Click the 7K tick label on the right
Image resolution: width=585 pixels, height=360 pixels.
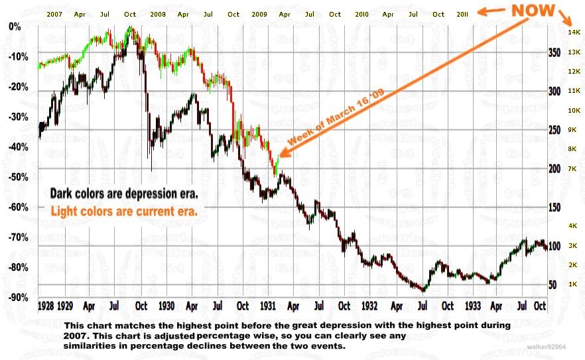(572, 169)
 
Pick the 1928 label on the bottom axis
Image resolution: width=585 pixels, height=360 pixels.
(46, 306)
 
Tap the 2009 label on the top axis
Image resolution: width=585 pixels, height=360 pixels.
(260, 14)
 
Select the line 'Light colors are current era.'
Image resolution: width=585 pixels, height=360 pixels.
(124, 211)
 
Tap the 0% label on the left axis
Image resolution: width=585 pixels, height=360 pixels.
(15, 27)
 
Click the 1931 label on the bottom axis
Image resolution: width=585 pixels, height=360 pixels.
(268, 306)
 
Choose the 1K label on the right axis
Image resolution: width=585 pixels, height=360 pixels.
(572, 284)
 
